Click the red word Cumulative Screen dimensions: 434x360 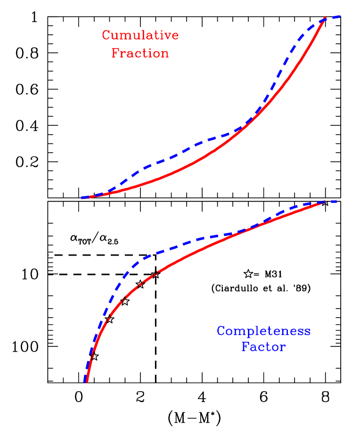click(x=140, y=36)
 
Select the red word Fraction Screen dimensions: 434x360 click(x=140, y=53)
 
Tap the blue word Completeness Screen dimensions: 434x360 click(x=263, y=331)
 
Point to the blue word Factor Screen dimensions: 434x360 click(x=263, y=347)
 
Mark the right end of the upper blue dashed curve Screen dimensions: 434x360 click(x=340, y=17)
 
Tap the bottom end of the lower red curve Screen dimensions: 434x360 click(x=87, y=382)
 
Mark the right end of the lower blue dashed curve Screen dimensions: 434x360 click(x=336, y=201)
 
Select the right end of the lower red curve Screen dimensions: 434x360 click(x=324, y=202)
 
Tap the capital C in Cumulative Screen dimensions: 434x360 click(x=106, y=36)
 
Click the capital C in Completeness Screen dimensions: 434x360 click(x=221, y=331)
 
